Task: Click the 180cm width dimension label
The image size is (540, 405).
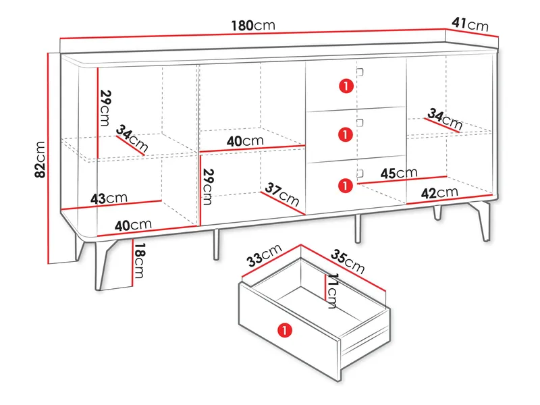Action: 253,25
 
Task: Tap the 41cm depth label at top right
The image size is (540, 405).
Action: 470,24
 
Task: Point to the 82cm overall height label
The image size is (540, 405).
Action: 40,159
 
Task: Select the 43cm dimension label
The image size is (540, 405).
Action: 109,198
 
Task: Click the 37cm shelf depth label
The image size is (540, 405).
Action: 282,194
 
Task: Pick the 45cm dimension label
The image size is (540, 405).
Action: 399,173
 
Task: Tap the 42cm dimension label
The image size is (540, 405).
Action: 439,192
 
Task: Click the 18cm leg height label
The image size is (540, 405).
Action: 140,261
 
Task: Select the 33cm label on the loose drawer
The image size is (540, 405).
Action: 265,255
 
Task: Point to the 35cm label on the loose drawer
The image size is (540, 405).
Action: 347,261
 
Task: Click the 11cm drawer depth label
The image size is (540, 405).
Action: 332,291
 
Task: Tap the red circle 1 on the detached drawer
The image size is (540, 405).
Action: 285,330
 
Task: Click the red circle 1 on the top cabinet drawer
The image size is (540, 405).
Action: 346,86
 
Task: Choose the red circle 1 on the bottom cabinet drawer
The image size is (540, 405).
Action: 346,186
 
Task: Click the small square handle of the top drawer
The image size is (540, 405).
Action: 360,72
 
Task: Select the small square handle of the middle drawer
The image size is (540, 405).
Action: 360,123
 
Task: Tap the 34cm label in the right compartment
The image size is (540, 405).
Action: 445,119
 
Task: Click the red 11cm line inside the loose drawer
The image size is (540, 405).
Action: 325,287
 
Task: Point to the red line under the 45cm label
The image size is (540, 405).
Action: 402,180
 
